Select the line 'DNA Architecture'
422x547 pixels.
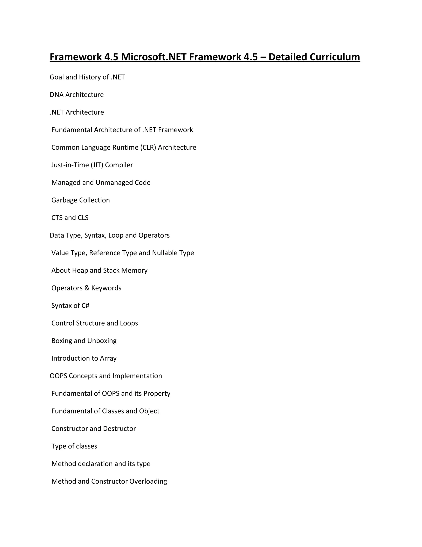click(x=76, y=95)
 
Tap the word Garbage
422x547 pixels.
click(x=64, y=200)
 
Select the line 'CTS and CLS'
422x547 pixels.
click(x=70, y=218)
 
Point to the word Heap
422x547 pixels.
click(x=80, y=270)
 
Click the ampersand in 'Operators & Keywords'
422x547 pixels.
click(x=87, y=288)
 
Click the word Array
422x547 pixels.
click(x=108, y=358)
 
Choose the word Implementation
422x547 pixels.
click(x=137, y=376)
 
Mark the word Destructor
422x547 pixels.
click(x=119, y=429)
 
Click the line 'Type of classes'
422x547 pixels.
click(x=74, y=446)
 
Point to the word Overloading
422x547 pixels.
click(x=148, y=481)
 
